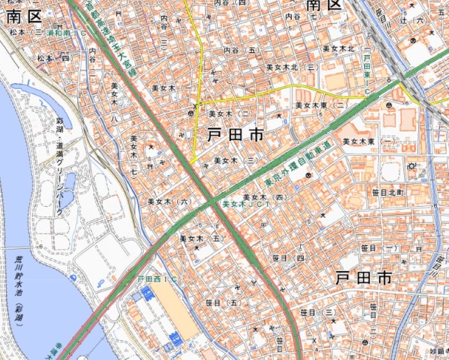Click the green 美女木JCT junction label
pos(247,204)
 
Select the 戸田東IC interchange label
pos(368,71)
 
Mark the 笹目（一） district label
pos(379,248)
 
